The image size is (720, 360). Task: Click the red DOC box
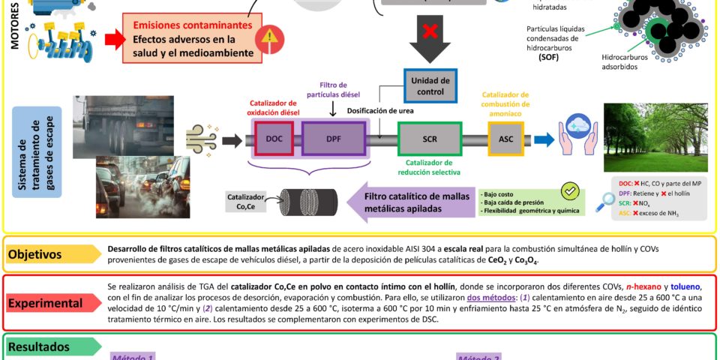click(273, 139)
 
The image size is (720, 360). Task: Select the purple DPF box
click(333, 139)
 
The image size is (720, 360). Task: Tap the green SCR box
click(429, 139)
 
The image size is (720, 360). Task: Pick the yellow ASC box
click(506, 139)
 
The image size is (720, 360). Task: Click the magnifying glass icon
click(605, 201)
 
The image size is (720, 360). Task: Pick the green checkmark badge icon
click(570, 191)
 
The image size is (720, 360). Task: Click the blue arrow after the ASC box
click(544, 139)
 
